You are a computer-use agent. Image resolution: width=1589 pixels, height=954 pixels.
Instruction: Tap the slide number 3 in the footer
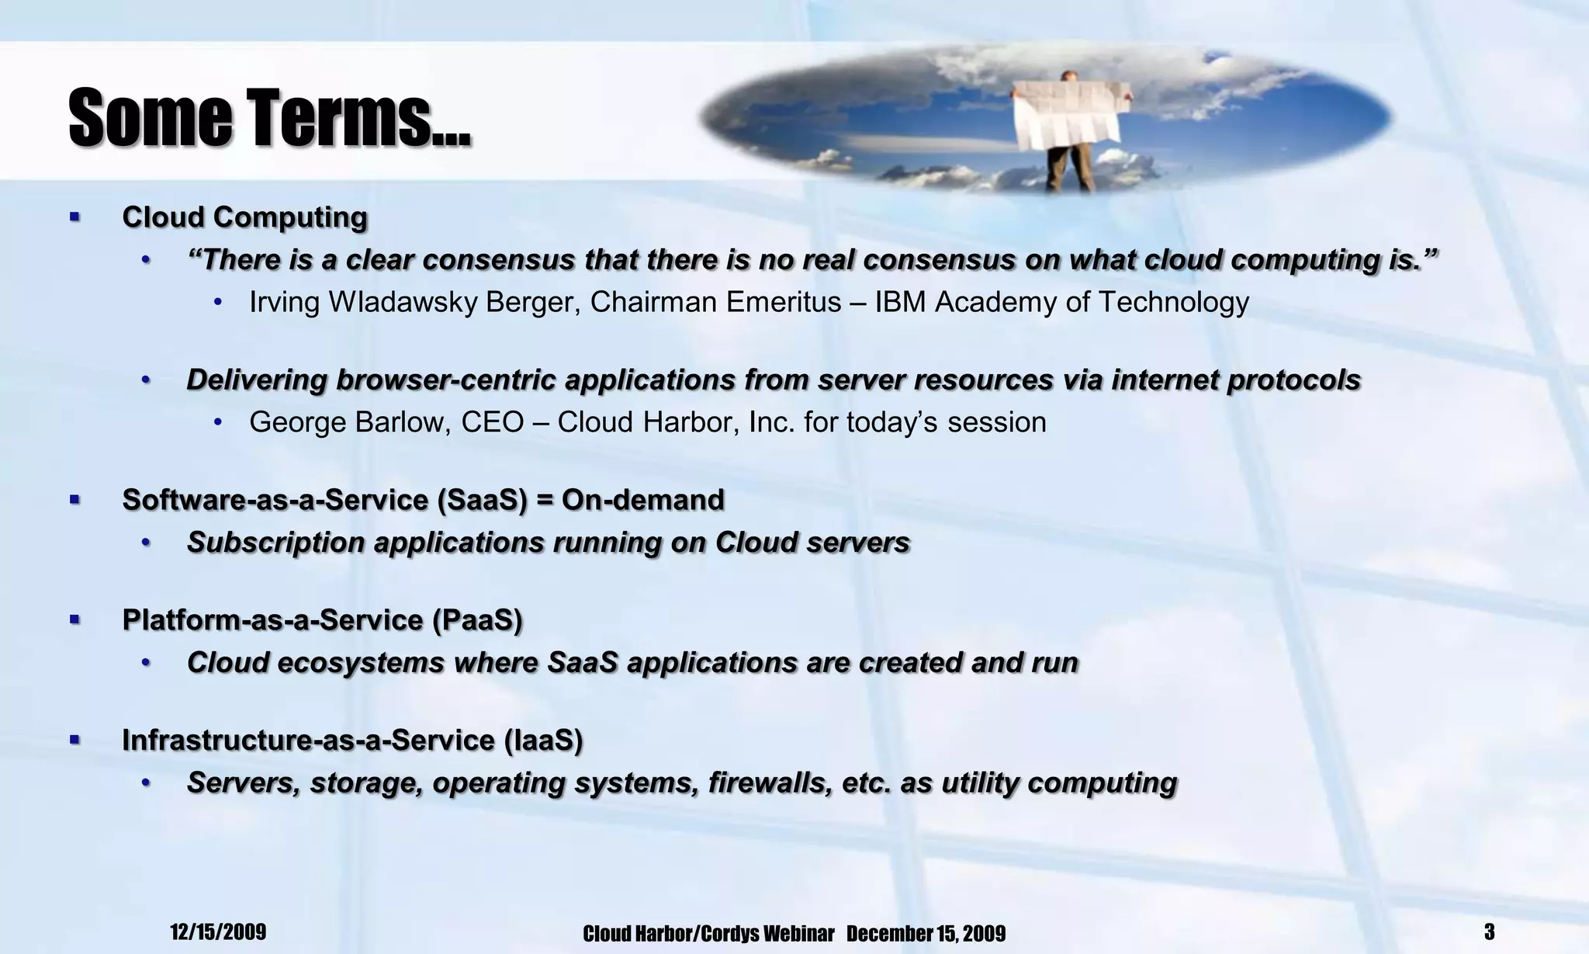click(x=1489, y=931)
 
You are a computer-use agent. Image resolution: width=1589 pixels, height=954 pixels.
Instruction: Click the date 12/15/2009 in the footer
click(x=218, y=931)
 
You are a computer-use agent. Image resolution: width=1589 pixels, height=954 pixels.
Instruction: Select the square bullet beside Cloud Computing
click(x=74, y=217)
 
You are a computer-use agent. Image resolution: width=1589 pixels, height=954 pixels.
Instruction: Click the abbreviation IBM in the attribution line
click(x=901, y=302)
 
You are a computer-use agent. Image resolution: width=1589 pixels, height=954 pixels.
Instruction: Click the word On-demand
click(x=642, y=500)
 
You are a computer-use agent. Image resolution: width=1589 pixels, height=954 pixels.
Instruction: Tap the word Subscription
click(x=275, y=543)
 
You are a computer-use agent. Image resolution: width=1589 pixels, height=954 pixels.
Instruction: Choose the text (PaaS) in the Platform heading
click(x=477, y=620)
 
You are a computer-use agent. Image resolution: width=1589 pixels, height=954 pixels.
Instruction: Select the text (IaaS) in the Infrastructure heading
click(x=543, y=741)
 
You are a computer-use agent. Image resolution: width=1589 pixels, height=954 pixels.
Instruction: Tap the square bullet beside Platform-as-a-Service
click(x=74, y=619)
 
